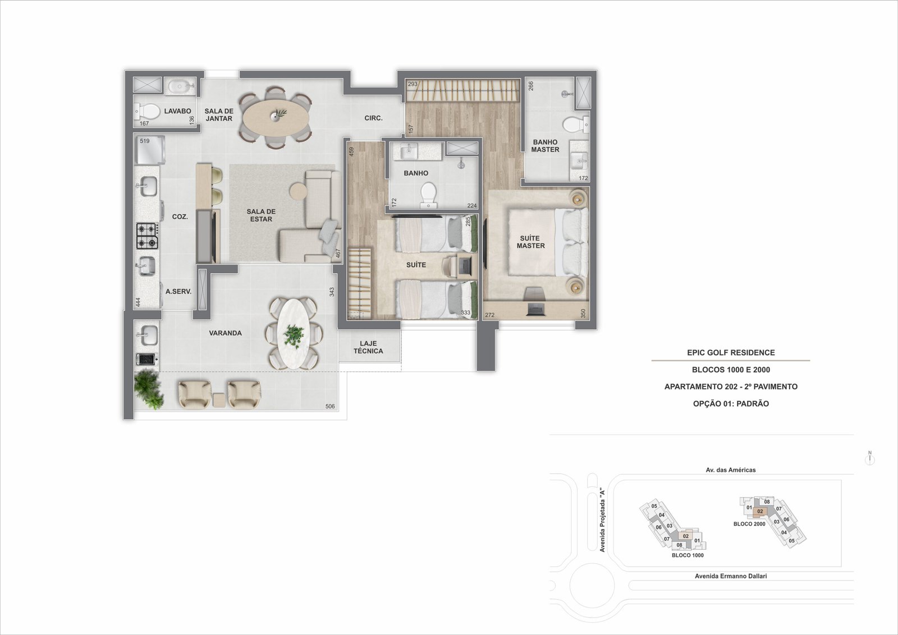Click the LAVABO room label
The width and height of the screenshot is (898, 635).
click(177, 111)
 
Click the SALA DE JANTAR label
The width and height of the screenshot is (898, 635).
click(219, 114)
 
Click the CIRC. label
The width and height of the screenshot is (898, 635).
click(373, 118)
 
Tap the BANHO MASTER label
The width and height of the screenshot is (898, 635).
click(545, 145)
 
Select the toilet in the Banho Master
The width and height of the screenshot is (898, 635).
click(576, 124)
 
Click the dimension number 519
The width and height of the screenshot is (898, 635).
click(145, 141)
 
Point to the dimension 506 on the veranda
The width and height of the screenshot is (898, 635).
click(330, 406)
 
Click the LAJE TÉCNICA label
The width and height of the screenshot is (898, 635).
click(368, 347)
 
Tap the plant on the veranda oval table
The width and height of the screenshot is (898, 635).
click(294, 335)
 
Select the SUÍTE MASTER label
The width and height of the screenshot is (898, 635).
click(530, 242)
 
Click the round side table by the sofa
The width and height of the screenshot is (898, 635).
click(298, 191)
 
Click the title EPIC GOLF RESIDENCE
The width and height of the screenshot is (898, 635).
click(731, 352)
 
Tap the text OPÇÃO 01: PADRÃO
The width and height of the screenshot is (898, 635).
click(731, 403)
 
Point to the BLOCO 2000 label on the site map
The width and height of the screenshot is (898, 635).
click(749, 523)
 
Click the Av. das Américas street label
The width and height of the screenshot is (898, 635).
click(730, 470)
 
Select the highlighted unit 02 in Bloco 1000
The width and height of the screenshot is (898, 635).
click(685, 536)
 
